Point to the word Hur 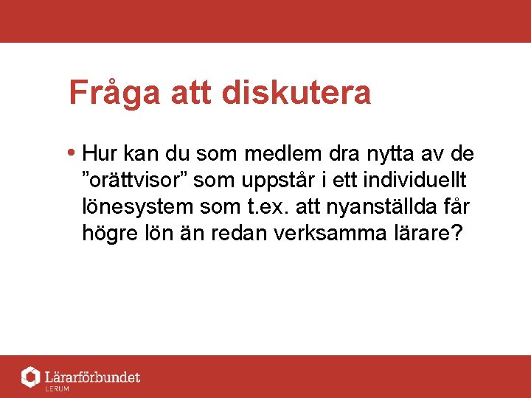[98, 154]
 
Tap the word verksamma [329, 234]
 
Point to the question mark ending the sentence [455, 234]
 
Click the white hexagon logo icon [30, 377]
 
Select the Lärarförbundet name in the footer [92, 377]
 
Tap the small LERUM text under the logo [57, 388]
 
